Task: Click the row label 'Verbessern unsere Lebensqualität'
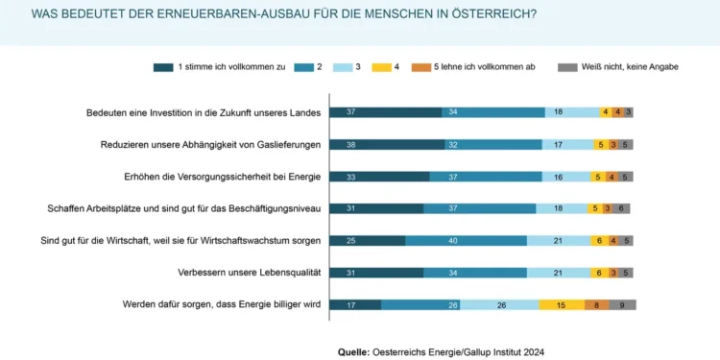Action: tap(247, 273)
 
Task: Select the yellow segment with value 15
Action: tap(561, 305)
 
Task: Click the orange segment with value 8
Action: tap(596, 305)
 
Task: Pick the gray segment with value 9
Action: tap(622, 305)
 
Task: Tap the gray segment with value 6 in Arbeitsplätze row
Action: tap(621, 208)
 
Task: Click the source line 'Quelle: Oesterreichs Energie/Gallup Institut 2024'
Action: tap(441, 352)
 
